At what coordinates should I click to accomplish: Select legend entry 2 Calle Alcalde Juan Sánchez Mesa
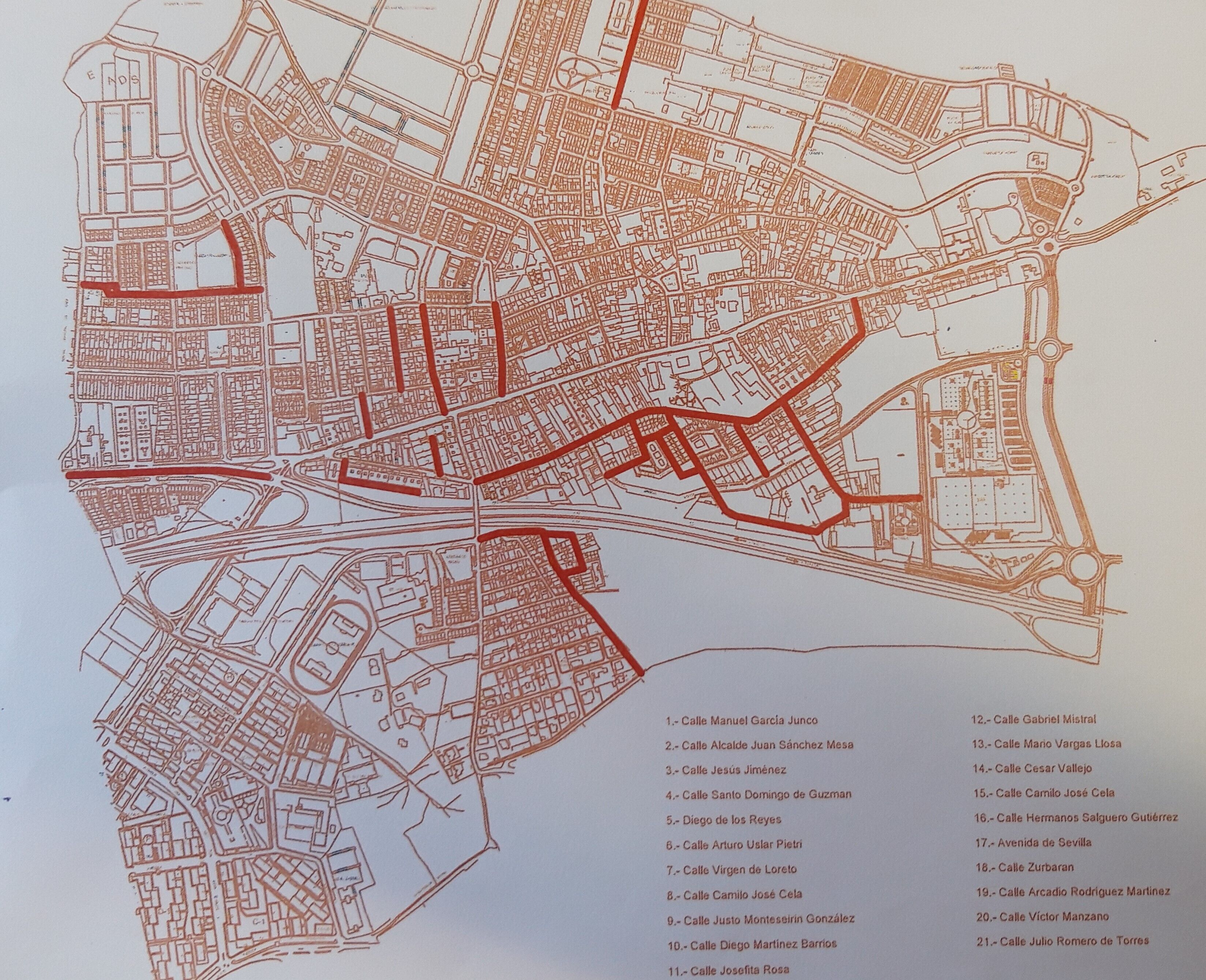tap(759, 744)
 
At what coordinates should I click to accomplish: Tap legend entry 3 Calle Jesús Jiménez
tap(726, 769)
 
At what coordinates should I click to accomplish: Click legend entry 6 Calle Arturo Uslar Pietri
tap(742, 845)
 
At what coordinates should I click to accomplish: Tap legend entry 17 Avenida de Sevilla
tap(1033, 842)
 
